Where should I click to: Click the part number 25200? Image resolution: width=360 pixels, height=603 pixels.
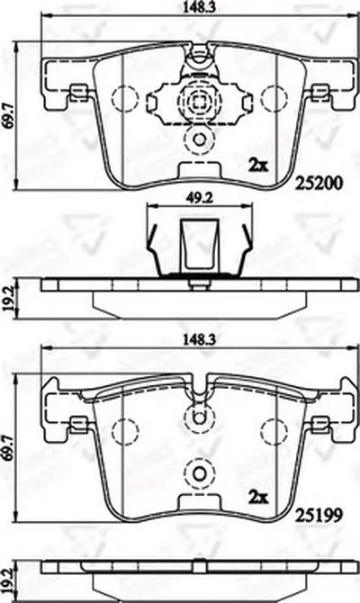(x=318, y=184)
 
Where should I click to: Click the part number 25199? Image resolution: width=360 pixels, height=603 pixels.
(x=318, y=516)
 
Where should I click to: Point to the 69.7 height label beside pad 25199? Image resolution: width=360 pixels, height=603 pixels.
(x=7, y=447)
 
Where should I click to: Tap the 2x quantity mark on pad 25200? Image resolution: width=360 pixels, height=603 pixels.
(x=258, y=166)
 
